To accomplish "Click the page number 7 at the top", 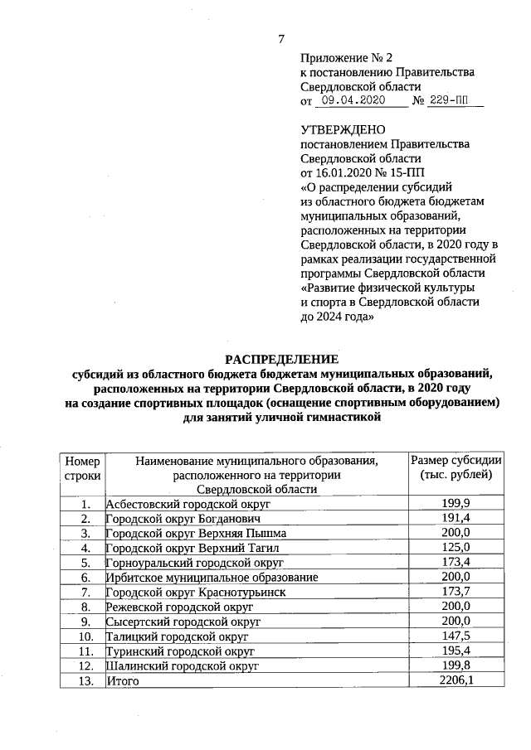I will [281, 39].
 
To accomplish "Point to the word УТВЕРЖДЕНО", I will [343, 130].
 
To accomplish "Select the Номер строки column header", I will [82, 468].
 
